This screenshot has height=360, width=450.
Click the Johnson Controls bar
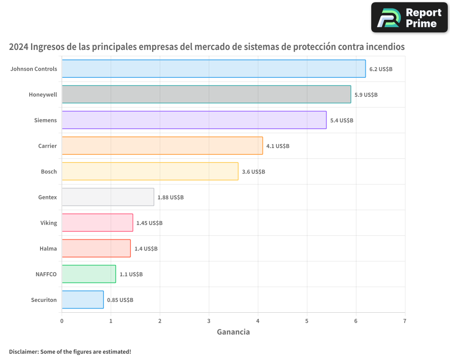(x=213, y=69)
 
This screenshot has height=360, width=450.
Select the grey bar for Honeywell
(x=206, y=94)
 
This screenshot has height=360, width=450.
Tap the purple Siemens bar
(x=194, y=120)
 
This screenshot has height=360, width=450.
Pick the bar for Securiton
(x=82, y=300)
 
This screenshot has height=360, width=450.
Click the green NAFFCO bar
(x=89, y=274)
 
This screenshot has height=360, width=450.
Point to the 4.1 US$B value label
(x=278, y=146)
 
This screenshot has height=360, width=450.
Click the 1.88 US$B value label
(x=171, y=198)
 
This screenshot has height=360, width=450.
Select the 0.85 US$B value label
(x=120, y=300)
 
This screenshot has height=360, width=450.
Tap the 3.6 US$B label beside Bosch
(x=253, y=172)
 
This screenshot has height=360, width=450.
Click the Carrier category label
(x=48, y=146)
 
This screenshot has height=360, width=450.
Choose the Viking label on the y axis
(x=49, y=223)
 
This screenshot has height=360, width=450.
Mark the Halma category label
(x=48, y=248)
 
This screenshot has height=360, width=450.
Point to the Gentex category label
(x=48, y=197)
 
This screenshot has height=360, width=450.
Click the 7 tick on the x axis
(x=405, y=321)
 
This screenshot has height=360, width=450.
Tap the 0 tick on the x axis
(x=62, y=321)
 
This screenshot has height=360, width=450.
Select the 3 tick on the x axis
(x=209, y=321)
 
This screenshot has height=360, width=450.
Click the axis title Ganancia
(x=233, y=333)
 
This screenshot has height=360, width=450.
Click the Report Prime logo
(x=409, y=18)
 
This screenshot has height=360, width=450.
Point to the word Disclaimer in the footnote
(x=23, y=352)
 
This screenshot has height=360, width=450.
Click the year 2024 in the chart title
(x=18, y=47)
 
